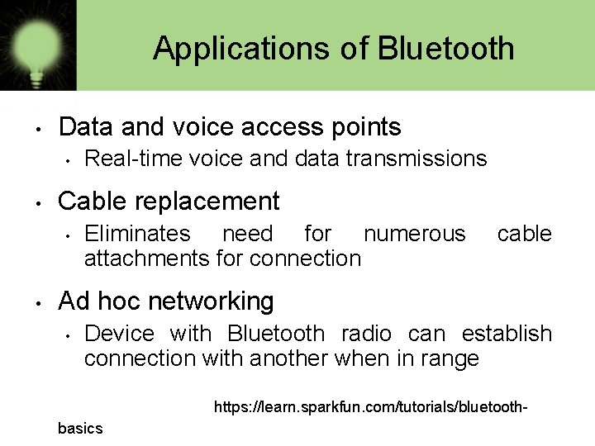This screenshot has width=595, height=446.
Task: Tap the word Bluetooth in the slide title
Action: [x=446, y=49]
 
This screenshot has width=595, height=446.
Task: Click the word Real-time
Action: [x=119, y=158]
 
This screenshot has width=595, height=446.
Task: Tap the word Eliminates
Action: [x=137, y=234]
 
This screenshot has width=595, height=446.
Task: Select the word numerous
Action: [x=414, y=234]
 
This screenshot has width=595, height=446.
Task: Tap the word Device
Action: [x=119, y=334]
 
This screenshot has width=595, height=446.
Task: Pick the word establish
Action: [x=507, y=334]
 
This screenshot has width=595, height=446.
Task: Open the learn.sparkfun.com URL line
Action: [x=370, y=407]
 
